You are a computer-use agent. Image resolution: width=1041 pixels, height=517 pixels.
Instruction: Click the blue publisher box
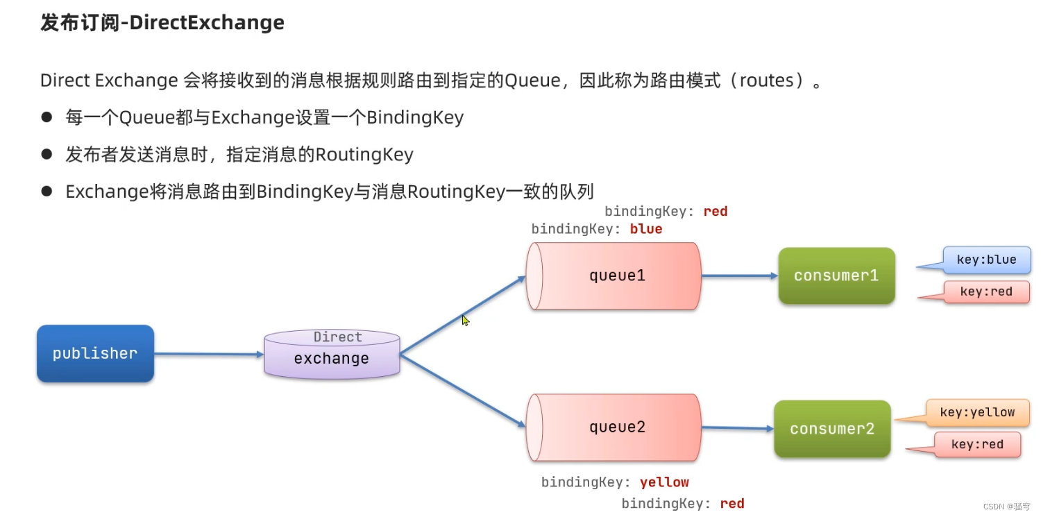click(x=95, y=353)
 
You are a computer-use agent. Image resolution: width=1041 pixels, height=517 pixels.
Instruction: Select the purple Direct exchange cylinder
click(x=332, y=355)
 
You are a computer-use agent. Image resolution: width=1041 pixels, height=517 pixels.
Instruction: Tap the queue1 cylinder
click(x=614, y=276)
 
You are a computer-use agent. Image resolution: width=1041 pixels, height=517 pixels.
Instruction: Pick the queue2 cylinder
click(x=614, y=427)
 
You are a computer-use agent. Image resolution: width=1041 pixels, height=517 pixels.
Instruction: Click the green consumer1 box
click(x=836, y=276)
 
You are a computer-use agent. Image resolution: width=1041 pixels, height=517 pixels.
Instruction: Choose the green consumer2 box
click(x=832, y=429)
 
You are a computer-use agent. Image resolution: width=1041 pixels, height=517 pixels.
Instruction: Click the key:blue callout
click(x=985, y=260)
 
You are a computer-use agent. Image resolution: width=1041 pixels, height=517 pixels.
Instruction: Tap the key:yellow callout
click(x=976, y=412)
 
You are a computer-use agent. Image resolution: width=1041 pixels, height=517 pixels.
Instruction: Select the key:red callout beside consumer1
click(x=985, y=291)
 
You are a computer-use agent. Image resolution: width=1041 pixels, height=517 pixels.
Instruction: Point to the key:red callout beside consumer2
click(x=976, y=445)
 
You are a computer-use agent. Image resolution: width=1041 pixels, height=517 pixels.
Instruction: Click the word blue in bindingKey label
click(x=646, y=229)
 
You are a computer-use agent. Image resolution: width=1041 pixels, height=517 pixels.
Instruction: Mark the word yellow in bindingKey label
click(x=664, y=482)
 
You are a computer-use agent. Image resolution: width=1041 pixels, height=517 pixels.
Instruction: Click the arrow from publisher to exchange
click(x=208, y=354)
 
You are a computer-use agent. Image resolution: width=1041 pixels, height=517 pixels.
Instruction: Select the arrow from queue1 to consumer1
click(x=739, y=276)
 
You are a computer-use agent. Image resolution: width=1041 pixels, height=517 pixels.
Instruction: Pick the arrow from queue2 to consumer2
click(x=737, y=428)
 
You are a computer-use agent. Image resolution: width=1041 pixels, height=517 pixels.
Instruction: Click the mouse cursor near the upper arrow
click(x=465, y=320)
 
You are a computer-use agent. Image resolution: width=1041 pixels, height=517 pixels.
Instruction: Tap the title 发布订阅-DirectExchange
click(x=162, y=23)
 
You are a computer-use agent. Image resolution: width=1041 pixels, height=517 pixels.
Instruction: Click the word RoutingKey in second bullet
click(x=364, y=154)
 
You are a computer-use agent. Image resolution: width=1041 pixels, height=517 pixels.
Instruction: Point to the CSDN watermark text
click(x=1006, y=507)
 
